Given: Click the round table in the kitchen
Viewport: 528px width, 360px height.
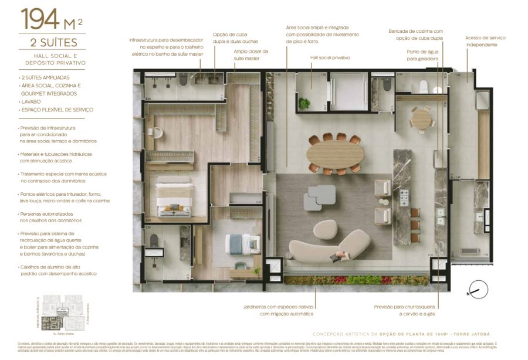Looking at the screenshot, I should (421, 119).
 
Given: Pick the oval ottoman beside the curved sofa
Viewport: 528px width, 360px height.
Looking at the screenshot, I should (325, 229).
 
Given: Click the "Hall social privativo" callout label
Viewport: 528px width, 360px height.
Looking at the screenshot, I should (330, 58).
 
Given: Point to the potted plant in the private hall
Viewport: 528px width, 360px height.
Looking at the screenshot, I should (304, 104).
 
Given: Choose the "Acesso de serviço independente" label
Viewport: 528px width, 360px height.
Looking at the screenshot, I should (485, 41).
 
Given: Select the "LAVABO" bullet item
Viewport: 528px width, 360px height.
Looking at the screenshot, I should (30, 101).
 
